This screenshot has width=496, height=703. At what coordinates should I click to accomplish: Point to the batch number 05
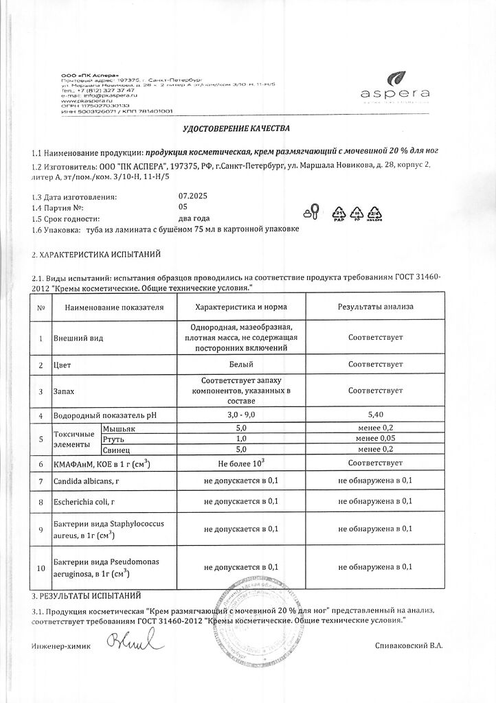182,207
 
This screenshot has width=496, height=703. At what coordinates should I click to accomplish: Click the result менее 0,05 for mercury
375,438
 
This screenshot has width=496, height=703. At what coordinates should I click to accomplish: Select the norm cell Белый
241,364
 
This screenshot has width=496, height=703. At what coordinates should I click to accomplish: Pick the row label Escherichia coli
83,501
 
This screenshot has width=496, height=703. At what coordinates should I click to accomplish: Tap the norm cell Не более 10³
241,463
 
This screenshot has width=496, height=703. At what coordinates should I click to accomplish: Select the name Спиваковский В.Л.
409,647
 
